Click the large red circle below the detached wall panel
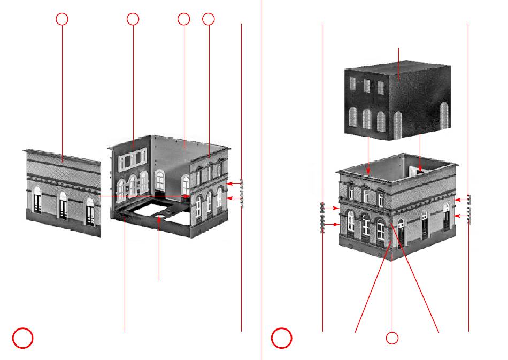(x=23, y=338)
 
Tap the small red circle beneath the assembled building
(x=392, y=338)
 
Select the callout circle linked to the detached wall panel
(x=62, y=19)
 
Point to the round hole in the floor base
(x=159, y=217)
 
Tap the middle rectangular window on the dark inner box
(x=367, y=86)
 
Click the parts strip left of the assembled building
(x=323, y=217)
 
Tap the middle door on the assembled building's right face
(x=425, y=227)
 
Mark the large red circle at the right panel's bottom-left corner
(x=281, y=338)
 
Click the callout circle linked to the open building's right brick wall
(x=209, y=19)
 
